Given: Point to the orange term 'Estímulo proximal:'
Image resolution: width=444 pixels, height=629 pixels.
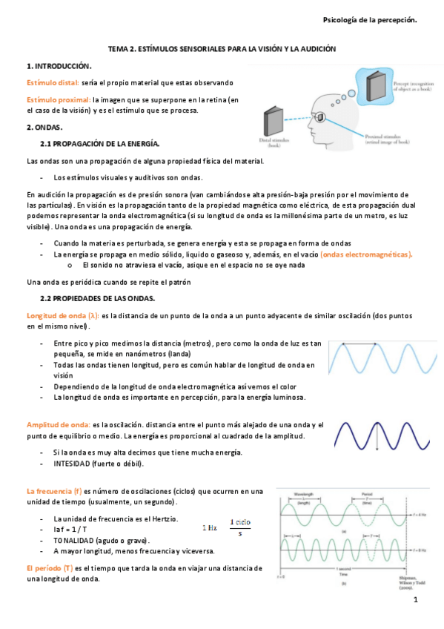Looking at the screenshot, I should [58, 99].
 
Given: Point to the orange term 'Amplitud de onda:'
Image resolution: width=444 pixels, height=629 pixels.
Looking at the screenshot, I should [58, 424].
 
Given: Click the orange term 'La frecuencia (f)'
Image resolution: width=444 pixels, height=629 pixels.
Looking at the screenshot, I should [53, 490].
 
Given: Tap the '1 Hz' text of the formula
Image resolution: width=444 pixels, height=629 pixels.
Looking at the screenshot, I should [210, 528].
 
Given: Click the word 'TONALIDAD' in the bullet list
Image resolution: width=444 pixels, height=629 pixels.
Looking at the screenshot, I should [76, 541].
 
